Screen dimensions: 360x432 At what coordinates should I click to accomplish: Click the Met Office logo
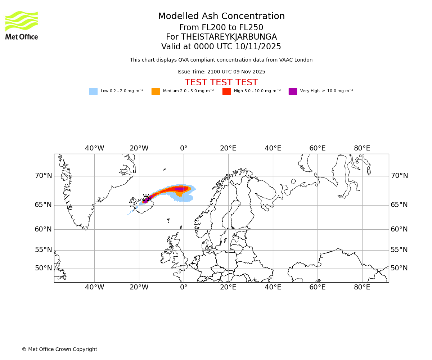click(x=22, y=25)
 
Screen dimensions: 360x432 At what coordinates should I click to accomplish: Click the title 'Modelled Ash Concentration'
click(x=221, y=17)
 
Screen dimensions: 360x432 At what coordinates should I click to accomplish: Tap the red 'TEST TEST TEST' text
click(x=221, y=82)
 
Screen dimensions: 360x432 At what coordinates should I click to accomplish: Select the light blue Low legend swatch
click(x=93, y=91)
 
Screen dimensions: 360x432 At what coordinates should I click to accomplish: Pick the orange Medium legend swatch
click(x=156, y=91)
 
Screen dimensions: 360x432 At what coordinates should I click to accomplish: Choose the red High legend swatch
click(x=226, y=91)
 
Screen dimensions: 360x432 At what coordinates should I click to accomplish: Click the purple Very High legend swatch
click(x=293, y=91)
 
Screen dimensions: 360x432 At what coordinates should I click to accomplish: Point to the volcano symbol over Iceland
click(x=146, y=198)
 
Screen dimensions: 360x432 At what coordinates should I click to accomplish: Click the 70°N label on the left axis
click(x=43, y=176)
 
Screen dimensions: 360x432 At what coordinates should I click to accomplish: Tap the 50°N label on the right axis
click(x=399, y=268)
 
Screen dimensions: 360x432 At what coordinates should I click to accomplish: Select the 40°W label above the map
click(x=94, y=148)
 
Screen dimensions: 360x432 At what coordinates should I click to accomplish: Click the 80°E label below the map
click(x=362, y=287)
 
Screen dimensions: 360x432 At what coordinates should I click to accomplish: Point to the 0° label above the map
click(x=184, y=148)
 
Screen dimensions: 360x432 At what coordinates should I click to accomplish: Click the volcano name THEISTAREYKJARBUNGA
click(x=229, y=37)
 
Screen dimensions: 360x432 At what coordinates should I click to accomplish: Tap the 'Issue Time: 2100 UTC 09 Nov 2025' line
click(x=221, y=72)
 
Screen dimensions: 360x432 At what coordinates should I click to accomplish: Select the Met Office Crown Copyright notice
click(x=59, y=349)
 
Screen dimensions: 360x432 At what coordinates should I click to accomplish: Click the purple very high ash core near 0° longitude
click(x=180, y=189)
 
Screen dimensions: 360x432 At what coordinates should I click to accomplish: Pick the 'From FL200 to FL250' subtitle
click(x=221, y=28)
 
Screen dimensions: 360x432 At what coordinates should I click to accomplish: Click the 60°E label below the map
click(x=317, y=287)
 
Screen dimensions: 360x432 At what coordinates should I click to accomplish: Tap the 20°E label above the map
click(x=228, y=148)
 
